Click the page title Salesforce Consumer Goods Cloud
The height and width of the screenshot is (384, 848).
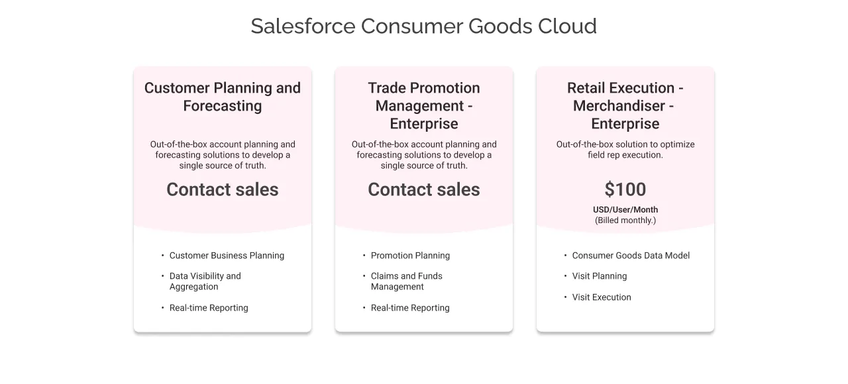pos(423,26)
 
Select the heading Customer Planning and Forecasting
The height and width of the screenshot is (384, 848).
pos(223,97)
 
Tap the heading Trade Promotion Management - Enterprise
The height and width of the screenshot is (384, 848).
pos(424,106)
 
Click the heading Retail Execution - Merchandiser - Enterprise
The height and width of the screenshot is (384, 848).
pos(625,106)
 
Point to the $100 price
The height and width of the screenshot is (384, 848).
pos(625,189)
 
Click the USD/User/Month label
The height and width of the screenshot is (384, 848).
pos(625,210)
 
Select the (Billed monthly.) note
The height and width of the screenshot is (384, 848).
pos(625,220)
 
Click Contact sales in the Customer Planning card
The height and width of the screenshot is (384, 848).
pos(223,189)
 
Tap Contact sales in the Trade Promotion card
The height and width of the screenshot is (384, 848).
pos(424,189)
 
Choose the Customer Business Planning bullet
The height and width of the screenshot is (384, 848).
pos(227,256)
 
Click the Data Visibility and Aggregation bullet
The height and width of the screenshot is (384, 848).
pos(205,281)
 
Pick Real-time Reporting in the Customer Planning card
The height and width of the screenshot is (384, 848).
pos(209,308)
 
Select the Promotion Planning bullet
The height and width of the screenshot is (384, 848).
pos(410,256)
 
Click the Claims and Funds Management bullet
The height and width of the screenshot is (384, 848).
pos(406,281)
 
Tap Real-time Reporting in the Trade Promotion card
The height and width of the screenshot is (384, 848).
pos(410,308)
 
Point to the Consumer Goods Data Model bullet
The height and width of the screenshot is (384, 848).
pos(631,256)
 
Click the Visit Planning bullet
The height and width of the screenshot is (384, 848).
pos(600,276)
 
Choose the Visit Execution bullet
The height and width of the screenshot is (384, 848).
pos(602,297)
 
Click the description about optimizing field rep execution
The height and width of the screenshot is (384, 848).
pos(625,150)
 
